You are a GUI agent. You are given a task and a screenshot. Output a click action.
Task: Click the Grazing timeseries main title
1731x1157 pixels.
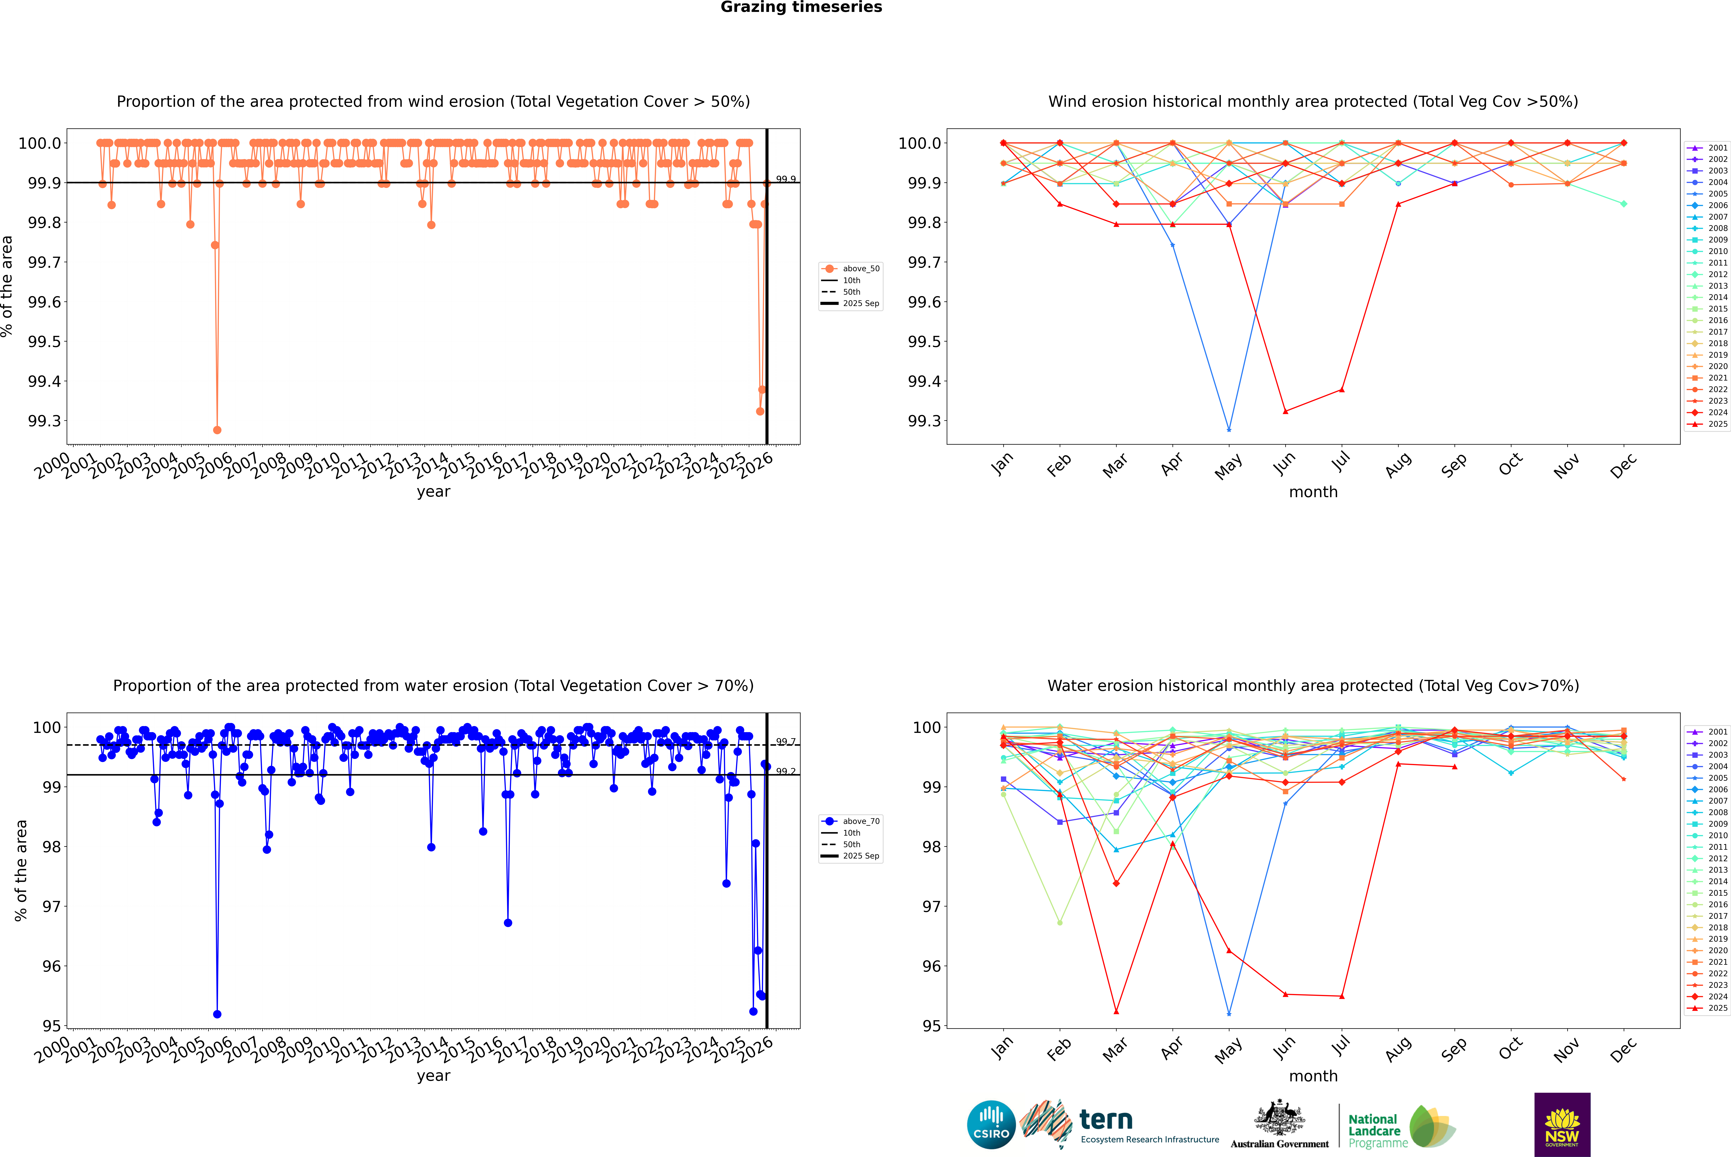point(801,7)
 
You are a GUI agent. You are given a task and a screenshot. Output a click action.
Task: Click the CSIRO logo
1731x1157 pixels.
point(991,1125)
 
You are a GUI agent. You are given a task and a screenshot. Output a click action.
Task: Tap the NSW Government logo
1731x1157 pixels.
point(1562,1125)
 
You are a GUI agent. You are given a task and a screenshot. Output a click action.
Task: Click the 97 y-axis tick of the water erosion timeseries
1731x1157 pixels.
point(52,906)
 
